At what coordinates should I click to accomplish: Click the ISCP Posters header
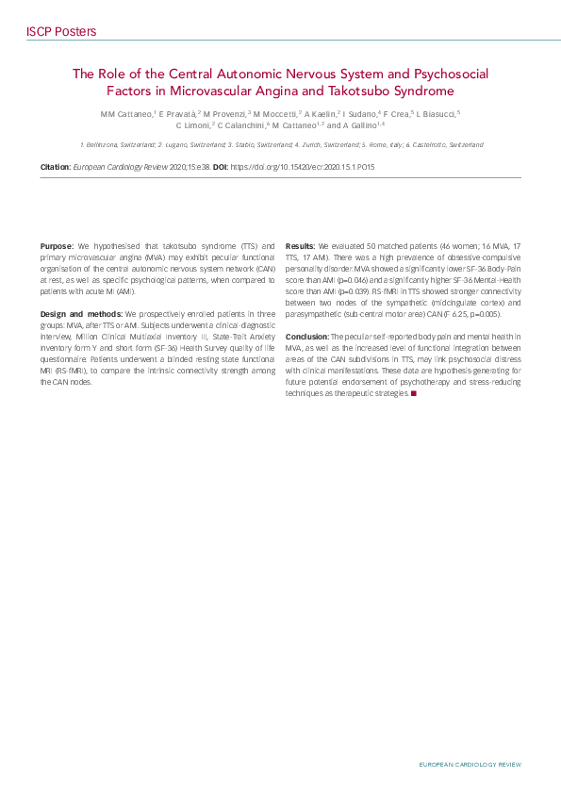point(61,32)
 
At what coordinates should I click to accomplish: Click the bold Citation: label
point(56,166)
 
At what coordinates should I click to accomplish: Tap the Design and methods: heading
point(81,313)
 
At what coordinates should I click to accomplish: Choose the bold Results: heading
point(301,245)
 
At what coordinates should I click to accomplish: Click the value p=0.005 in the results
point(482,313)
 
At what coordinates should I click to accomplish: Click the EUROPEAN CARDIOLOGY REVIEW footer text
point(470,765)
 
